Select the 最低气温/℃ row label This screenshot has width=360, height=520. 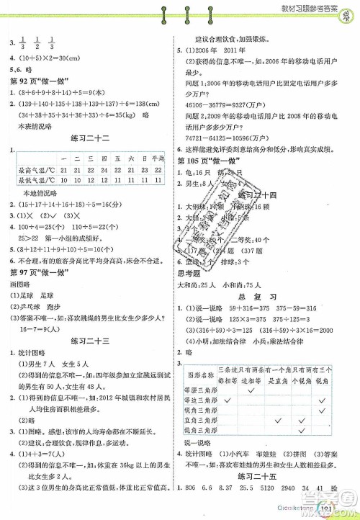pos(33,180)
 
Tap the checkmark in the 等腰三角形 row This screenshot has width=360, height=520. pos(252,389)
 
